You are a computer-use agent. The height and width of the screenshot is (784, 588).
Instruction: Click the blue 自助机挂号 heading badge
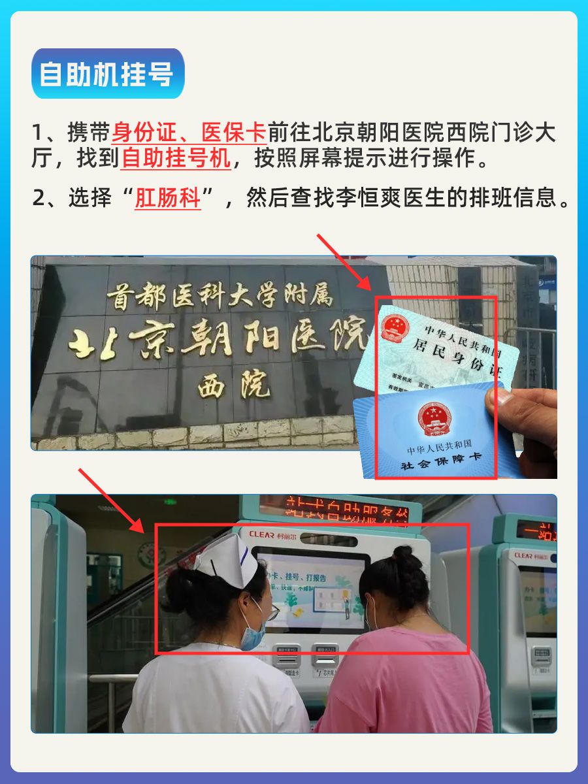click(x=107, y=74)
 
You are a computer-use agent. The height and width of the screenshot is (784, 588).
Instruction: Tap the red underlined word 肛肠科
click(x=167, y=198)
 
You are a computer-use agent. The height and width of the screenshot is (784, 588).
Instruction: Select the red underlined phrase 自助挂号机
click(x=176, y=159)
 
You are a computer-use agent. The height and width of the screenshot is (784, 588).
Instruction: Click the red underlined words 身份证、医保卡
click(x=188, y=133)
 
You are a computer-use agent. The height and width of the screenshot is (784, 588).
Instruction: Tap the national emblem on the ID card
click(x=394, y=327)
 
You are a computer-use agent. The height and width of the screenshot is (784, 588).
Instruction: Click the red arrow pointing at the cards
click(x=343, y=261)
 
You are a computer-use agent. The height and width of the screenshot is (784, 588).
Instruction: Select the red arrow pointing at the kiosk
click(x=112, y=500)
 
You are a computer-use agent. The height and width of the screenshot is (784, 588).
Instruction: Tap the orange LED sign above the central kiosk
click(x=334, y=509)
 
